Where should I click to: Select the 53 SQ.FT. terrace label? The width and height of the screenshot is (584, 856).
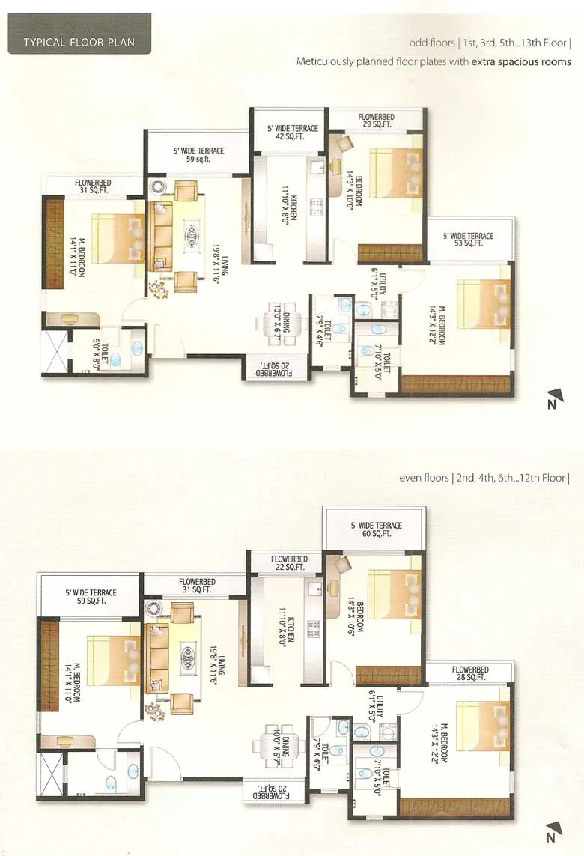(x=468, y=240)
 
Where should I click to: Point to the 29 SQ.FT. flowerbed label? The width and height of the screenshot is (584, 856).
(x=376, y=121)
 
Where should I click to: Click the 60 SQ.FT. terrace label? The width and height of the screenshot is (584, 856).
(x=376, y=530)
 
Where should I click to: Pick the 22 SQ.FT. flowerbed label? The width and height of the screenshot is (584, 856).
(x=289, y=563)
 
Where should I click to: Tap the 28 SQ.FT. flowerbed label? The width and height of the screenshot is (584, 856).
(x=470, y=673)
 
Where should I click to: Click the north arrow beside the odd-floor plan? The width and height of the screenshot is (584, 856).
(x=552, y=400)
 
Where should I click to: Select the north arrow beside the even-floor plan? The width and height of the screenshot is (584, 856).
(x=552, y=834)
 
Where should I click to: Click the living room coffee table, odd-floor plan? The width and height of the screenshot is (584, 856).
(x=192, y=238)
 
